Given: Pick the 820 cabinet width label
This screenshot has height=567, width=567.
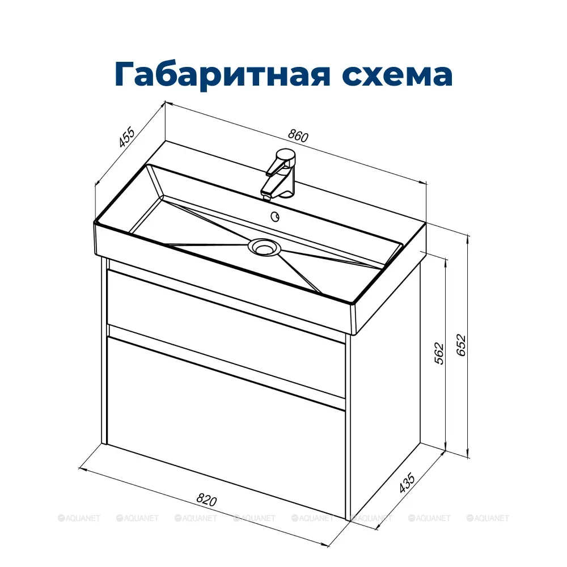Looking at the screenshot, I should tap(207, 500).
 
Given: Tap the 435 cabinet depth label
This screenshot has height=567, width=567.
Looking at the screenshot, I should tap(407, 483).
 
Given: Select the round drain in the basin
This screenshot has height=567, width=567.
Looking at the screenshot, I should tap(263, 246).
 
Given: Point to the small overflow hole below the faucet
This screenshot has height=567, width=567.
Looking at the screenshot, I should tap(276, 215).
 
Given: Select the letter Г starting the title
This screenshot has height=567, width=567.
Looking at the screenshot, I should tap(126, 73).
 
